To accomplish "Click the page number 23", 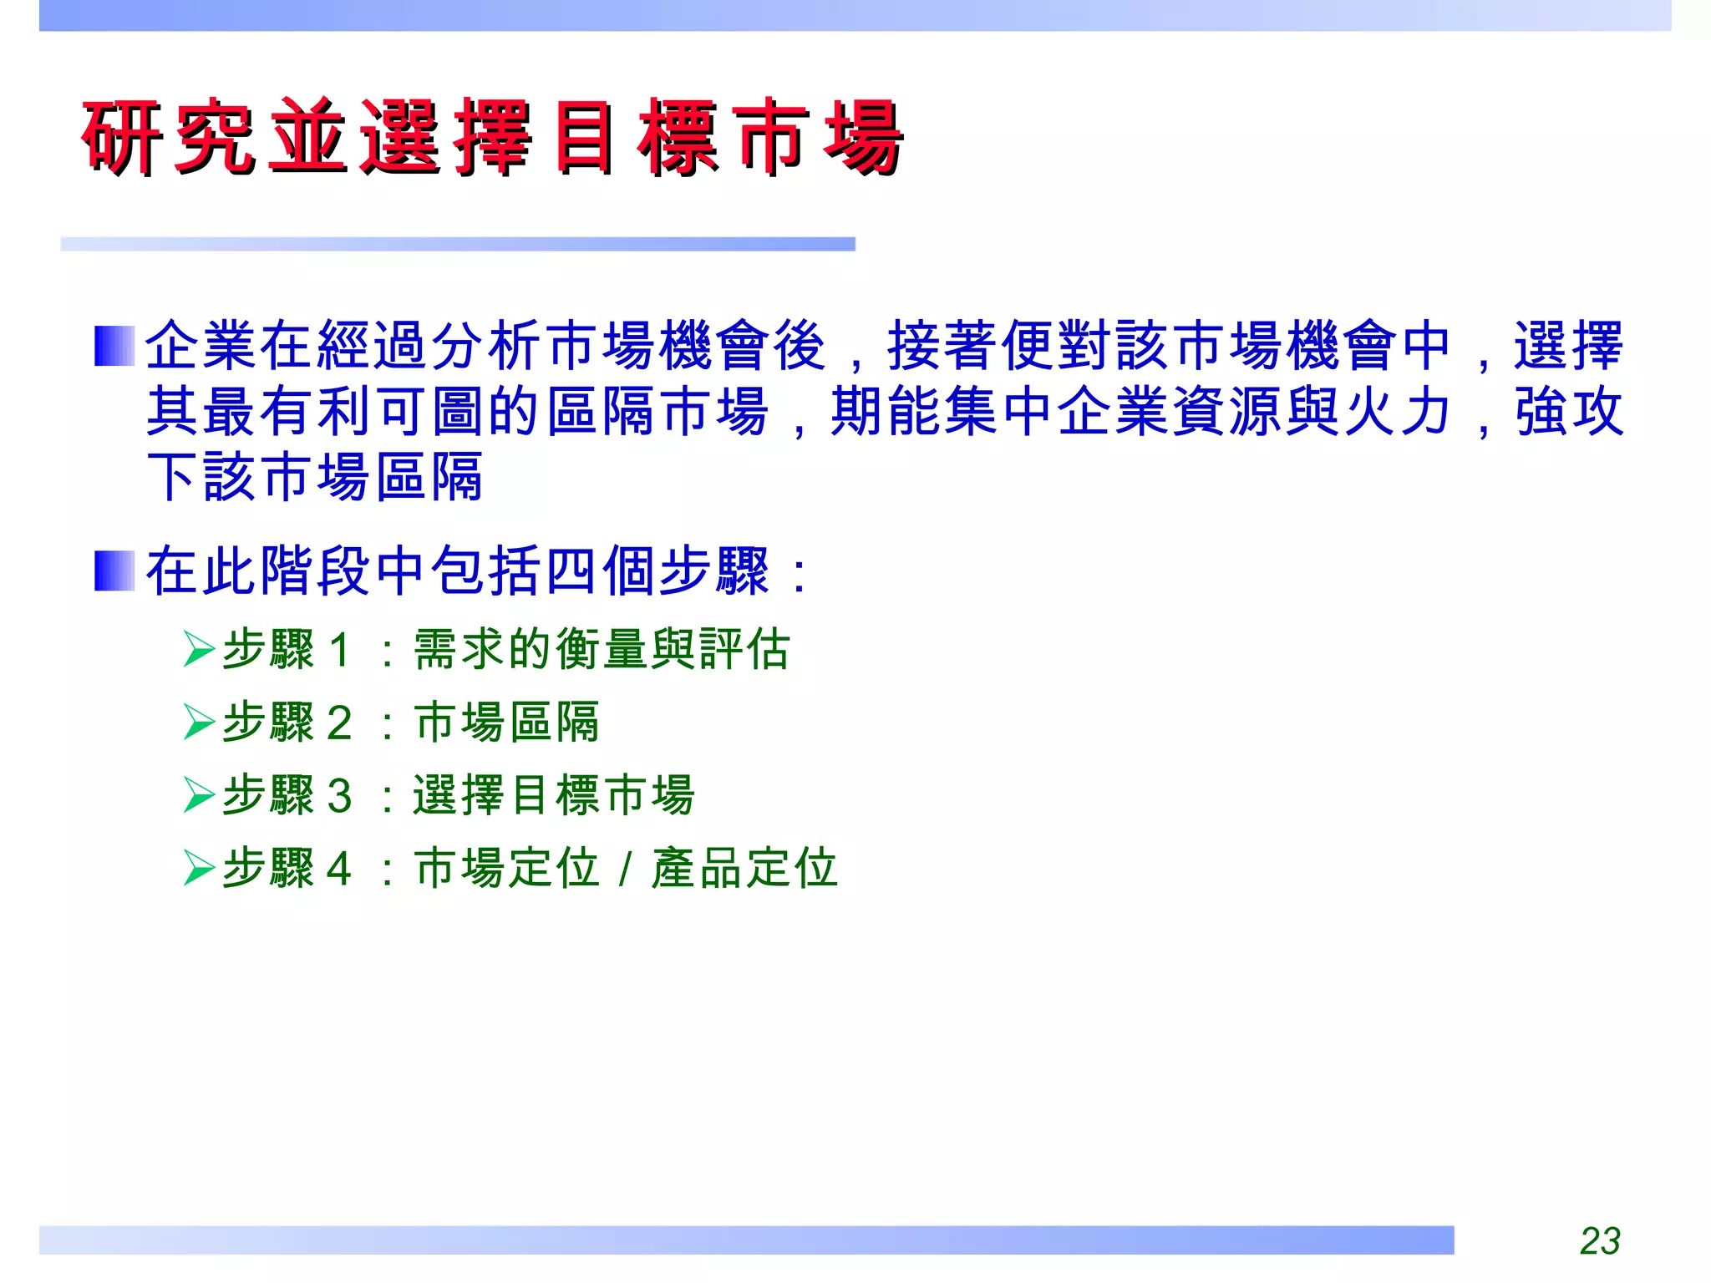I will tap(1600, 1240).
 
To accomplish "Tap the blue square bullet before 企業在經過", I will tap(114, 346).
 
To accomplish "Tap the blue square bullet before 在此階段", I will tap(114, 571).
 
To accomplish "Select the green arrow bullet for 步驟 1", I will tap(200, 650).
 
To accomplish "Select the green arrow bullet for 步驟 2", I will tap(200, 723).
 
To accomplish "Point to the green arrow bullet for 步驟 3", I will tap(200, 795).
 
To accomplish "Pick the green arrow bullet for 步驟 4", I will tap(200, 868).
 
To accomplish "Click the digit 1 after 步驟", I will tap(338, 651).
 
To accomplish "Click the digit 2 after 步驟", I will tap(338, 723).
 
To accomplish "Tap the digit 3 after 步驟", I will tap(338, 796).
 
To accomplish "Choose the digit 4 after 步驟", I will tap(338, 869).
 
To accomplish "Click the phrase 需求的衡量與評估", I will tap(602, 650).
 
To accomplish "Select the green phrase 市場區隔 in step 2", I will tap(507, 723).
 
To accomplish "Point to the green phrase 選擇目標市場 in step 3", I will tap(554, 795).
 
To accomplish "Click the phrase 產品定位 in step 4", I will tap(744, 868).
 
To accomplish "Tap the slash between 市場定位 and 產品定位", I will tap(625, 870).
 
